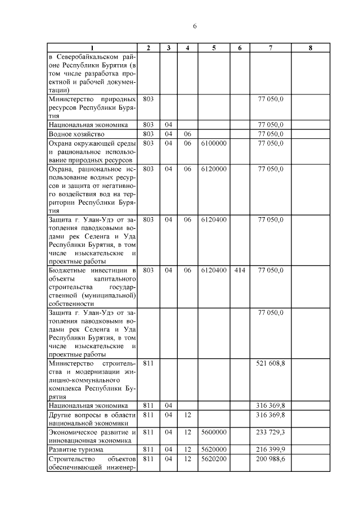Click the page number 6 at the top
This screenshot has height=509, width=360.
195,26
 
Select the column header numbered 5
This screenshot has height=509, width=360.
214,48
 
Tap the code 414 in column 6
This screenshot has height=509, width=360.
240,271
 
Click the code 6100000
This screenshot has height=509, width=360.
214,143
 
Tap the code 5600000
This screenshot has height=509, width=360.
214,432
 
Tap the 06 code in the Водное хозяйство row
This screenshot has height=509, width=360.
188,134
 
